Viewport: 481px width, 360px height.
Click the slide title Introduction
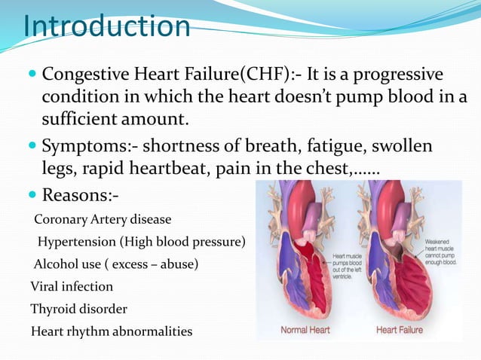(x=107, y=26)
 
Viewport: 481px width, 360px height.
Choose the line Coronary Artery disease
(x=103, y=220)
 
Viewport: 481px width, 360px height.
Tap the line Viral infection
(x=72, y=287)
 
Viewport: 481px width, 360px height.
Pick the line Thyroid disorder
(x=78, y=309)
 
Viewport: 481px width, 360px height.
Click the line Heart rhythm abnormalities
(x=112, y=331)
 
